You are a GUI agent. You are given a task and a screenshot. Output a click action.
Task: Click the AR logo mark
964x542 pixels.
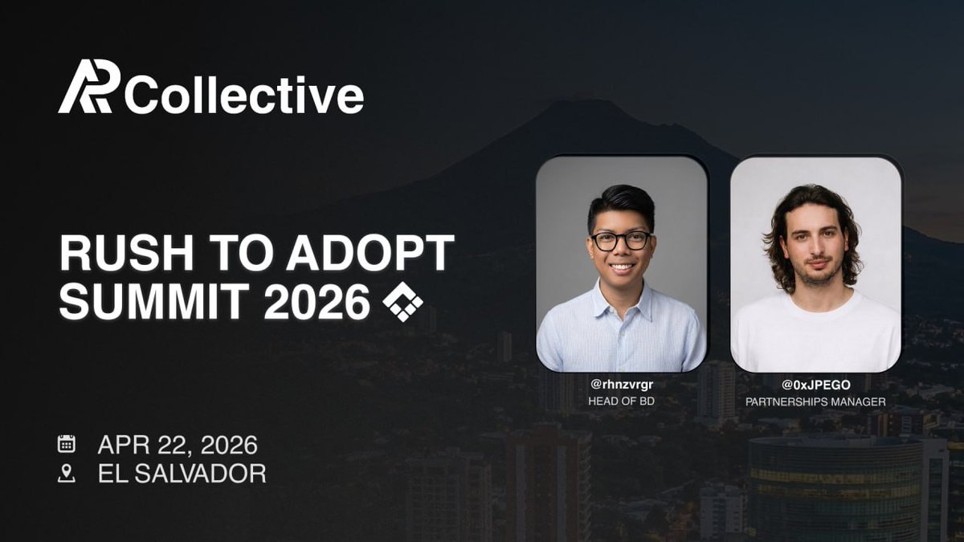click(x=89, y=87)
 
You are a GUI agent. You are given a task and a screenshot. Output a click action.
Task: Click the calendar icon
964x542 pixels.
click(x=67, y=444)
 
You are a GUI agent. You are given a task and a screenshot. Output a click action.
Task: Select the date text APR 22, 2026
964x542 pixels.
click(x=178, y=445)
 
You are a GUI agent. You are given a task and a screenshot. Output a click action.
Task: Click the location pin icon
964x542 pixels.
click(x=67, y=474)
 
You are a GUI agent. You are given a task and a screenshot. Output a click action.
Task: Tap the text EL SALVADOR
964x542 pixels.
click(x=182, y=474)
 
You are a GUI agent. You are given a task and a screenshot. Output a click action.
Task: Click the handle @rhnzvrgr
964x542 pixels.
click(x=622, y=385)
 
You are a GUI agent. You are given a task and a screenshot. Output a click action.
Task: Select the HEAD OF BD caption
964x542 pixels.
click(x=622, y=401)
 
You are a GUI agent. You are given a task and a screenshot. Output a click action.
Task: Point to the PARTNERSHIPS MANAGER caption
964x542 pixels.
click(x=815, y=401)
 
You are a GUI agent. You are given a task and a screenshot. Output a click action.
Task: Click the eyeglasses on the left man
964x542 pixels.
click(x=621, y=240)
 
